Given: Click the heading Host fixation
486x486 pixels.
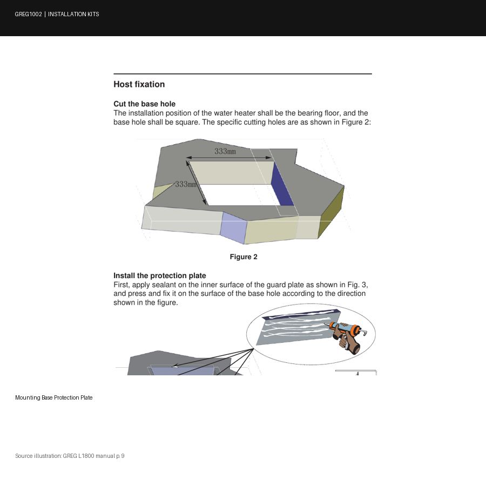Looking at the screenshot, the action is click(139, 84).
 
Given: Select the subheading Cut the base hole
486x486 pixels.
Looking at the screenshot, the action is click(144, 104).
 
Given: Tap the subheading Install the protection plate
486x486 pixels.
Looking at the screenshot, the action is click(160, 275).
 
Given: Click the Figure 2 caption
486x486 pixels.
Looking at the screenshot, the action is click(244, 256).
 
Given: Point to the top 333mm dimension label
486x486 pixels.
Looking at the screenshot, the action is click(225, 151).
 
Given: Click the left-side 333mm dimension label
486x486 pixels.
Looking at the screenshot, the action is click(186, 184).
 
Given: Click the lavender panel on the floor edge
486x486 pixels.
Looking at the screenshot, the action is click(233, 228).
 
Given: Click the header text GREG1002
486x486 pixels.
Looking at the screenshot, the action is click(28, 14).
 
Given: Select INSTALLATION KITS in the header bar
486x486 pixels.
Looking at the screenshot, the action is click(73, 14).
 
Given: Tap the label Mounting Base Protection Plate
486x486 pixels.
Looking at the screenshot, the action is click(54, 397).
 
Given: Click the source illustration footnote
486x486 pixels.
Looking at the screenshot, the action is click(70, 456).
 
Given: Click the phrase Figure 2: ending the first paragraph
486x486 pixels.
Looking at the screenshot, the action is click(356, 122).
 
